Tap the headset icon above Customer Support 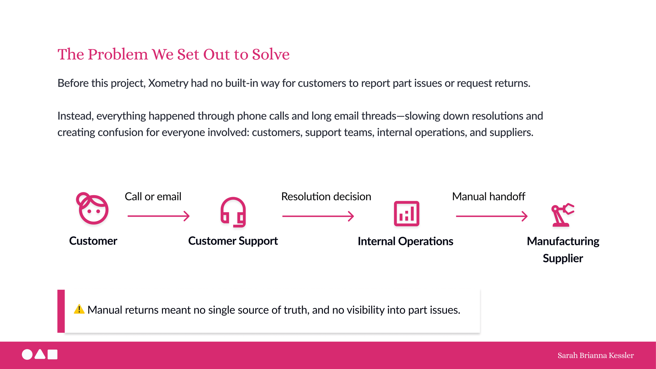click(233, 212)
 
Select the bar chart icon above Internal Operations click(407, 214)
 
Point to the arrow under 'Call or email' click(159, 216)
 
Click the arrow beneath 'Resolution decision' click(318, 216)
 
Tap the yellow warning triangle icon click(79, 309)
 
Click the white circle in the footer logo click(27, 355)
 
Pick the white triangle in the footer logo click(40, 355)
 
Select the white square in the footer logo click(53, 355)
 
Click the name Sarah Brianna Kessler click(596, 355)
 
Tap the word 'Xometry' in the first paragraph click(168, 83)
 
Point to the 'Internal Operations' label click(406, 241)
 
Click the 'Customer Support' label click(233, 241)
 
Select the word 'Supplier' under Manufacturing click(563, 258)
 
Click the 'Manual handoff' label click(489, 196)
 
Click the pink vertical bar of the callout click(61, 311)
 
